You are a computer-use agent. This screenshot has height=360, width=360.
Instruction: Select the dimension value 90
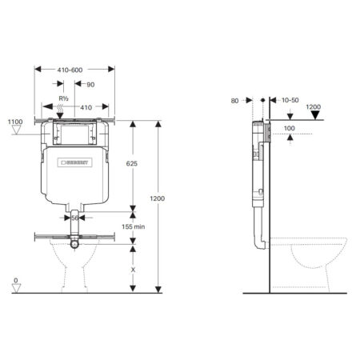[x=91, y=84]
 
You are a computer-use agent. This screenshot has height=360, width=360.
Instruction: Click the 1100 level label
[x=15, y=122]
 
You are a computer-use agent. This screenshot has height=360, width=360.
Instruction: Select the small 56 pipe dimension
[x=76, y=217]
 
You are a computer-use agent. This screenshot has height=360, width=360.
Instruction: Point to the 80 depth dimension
[x=234, y=102]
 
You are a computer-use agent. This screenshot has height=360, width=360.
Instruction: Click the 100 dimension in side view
[x=290, y=128]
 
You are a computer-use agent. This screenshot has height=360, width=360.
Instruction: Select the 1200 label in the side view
[x=314, y=106]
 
